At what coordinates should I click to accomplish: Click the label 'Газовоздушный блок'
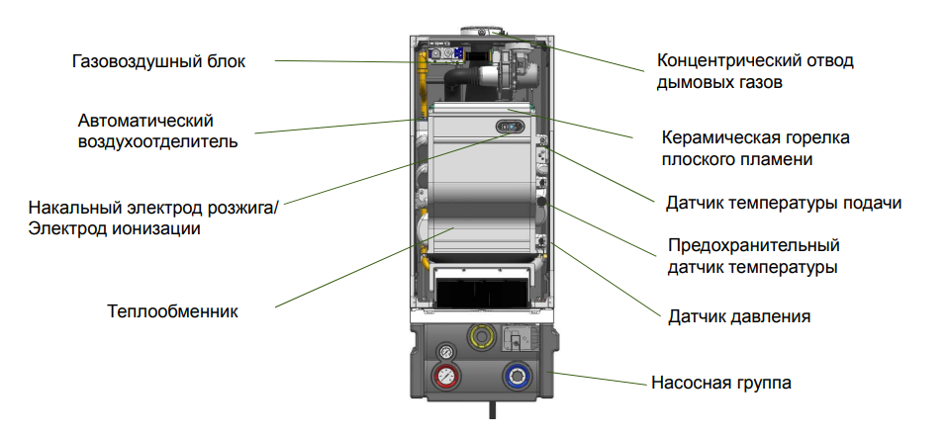point(158,61)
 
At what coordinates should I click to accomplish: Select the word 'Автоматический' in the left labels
point(145,121)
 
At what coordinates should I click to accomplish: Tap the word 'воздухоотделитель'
point(157,141)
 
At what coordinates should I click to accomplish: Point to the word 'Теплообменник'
point(173,311)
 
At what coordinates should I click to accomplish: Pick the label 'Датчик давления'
point(739,317)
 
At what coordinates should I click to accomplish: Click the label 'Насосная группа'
point(720,383)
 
